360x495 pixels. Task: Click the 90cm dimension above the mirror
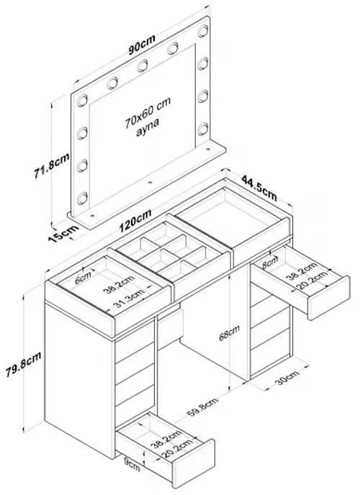[142, 45]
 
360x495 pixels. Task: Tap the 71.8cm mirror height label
[52, 165]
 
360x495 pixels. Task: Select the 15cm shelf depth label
[63, 233]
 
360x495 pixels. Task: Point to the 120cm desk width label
[135, 221]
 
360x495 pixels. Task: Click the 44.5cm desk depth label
[259, 189]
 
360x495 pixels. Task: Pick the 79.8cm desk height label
[23, 365]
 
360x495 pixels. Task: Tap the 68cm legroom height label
[229, 332]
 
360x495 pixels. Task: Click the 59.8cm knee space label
[202, 407]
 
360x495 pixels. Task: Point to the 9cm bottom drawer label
[132, 465]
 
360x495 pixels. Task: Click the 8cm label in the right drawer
[270, 263]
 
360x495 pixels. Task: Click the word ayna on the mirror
[148, 127]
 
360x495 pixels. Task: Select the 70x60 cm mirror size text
[148, 112]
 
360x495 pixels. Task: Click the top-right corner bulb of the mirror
[203, 31]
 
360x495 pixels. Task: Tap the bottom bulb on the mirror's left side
[82, 199]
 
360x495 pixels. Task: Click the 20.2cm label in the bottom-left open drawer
[177, 449]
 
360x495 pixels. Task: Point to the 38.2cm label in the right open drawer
[301, 271]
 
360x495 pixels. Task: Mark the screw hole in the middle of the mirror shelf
[150, 183]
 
